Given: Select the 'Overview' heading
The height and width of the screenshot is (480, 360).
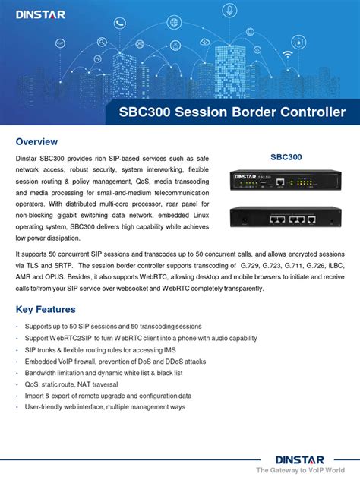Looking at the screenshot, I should [x=36, y=142].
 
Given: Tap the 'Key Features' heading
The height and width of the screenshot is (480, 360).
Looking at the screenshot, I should [x=46, y=309].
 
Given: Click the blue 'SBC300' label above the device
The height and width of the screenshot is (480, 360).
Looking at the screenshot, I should [x=286, y=157].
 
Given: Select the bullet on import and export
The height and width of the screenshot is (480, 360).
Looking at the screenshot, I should [x=108, y=396].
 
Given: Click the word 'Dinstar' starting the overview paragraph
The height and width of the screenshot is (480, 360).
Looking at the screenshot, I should [x=27, y=158].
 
